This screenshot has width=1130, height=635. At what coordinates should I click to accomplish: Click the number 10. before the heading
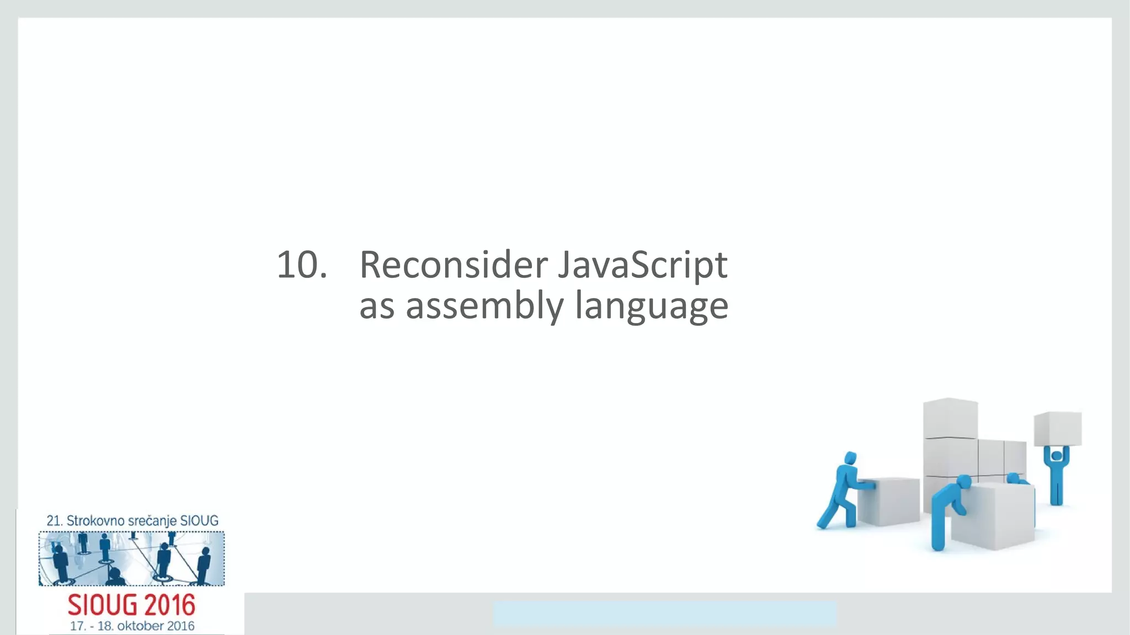click(301, 265)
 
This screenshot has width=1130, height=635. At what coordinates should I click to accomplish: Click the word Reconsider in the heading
click(453, 265)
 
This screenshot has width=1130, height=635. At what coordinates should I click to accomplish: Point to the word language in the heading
click(651, 307)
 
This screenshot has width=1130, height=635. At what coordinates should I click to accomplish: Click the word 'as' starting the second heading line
click(376, 307)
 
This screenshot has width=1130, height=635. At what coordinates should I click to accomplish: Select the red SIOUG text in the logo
click(103, 605)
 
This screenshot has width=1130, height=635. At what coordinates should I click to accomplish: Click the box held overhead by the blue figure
click(1057, 428)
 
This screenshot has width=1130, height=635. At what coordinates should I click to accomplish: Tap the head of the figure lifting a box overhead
click(1057, 456)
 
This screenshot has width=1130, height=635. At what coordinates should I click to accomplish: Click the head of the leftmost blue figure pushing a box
click(850, 458)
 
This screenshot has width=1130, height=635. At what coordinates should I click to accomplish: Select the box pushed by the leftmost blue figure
click(889, 501)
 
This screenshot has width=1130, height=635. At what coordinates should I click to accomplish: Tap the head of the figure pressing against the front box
click(963, 482)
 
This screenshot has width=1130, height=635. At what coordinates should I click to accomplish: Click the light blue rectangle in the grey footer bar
click(664, 614)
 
